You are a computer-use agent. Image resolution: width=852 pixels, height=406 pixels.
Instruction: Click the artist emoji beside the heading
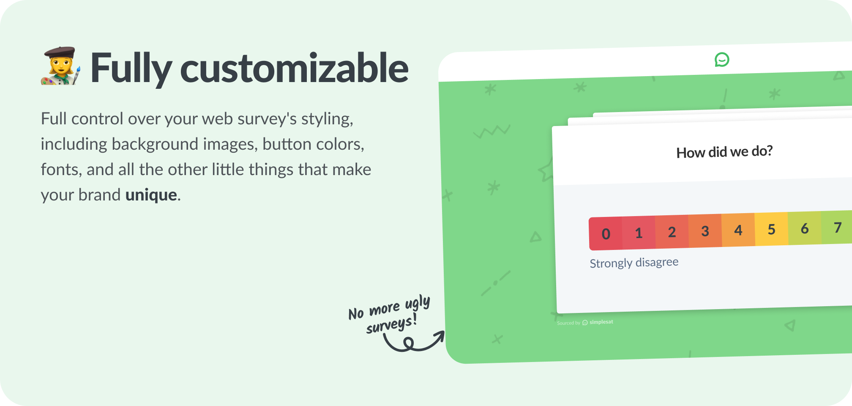[x=60, y=66]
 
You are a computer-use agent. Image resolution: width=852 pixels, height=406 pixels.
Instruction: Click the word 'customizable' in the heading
[x=294, y=68]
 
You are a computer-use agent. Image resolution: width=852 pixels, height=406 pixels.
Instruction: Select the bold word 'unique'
[x=151, y=195]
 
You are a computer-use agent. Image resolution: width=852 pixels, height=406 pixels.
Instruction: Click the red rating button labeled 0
[x=606, y=233]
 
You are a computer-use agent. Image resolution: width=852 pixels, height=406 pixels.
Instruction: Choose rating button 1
[x=639, y=233]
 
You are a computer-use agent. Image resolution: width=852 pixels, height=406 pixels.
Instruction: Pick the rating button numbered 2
[x=672, y=232]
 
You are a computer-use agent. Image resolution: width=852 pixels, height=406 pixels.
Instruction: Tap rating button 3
[x=705, y=231]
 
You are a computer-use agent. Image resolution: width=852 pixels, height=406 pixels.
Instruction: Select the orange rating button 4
[x=738, y=230]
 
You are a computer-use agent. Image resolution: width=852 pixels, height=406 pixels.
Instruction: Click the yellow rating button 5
[x=771, y=229]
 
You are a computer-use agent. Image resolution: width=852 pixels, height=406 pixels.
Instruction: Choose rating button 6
[x=805, y=228]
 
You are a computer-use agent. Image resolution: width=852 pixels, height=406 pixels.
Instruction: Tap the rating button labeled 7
[x=837, y=228]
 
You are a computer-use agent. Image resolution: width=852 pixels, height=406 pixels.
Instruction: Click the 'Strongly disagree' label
[x=634, y=263]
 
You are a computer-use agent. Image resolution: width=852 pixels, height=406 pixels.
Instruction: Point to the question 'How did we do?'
[x=724, y=151]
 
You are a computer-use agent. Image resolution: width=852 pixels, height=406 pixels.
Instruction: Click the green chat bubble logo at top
[x=722, y=60]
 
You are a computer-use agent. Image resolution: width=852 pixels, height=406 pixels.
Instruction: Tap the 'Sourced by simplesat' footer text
[x=585, y=322]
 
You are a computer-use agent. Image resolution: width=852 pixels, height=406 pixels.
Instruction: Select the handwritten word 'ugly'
[x=418, y=303]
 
